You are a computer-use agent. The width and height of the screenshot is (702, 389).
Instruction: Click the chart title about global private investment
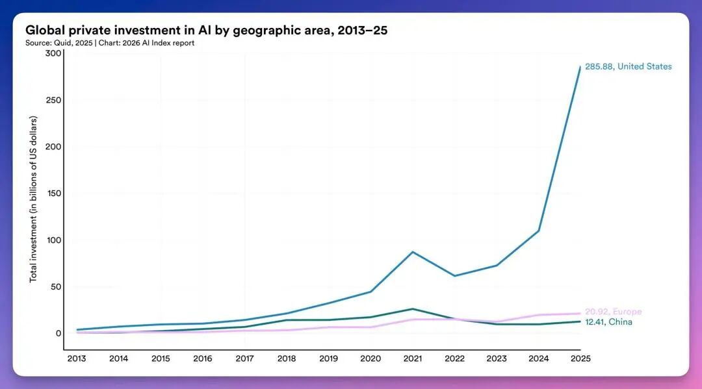[206, 30]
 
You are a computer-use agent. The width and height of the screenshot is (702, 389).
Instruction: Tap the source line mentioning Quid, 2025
[110, 43]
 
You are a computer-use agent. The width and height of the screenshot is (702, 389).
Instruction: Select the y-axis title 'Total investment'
[33, 199]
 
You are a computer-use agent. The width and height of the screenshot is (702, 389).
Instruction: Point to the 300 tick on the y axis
[53, 53]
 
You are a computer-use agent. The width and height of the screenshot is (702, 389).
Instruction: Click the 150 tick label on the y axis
[53, 194]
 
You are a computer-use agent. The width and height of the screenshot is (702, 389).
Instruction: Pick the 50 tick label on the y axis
[55, 286]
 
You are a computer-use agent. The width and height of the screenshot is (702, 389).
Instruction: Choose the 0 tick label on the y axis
[58, 333]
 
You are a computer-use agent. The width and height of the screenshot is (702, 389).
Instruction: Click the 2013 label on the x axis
[76, 358]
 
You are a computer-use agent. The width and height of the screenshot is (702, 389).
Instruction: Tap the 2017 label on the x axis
[244, 358]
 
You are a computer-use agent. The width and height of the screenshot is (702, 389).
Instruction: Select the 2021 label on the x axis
[413, 358]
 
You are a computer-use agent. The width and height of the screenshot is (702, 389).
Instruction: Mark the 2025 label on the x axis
[580, 358]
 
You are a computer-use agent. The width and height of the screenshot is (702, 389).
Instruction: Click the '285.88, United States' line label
[629, 66]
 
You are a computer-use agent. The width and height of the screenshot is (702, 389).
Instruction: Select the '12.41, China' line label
[608, 322]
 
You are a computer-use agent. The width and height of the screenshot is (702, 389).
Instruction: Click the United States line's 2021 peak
[413, 251]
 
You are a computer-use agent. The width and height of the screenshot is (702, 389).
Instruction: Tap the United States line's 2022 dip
[454, 276]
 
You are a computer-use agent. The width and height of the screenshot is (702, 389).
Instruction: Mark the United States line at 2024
[539, 231]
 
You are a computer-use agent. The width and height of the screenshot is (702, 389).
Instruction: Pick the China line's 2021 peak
[413, 308]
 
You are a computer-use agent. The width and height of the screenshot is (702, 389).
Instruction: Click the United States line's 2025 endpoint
[580, 66]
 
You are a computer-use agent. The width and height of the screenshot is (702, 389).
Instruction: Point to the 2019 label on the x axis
[328, 358]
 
